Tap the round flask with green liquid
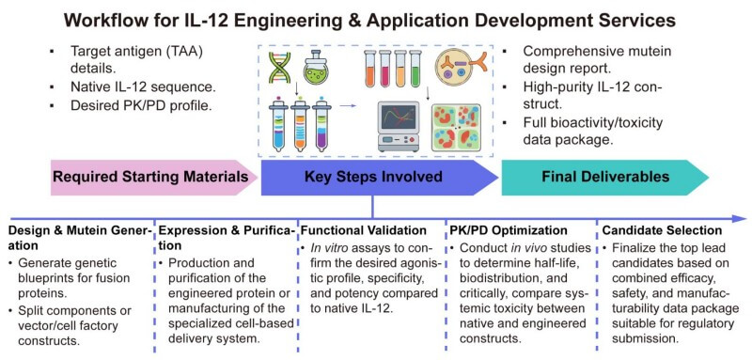coord(321,67)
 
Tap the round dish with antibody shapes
coord(464,68)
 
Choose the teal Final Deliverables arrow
coord(604,176)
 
